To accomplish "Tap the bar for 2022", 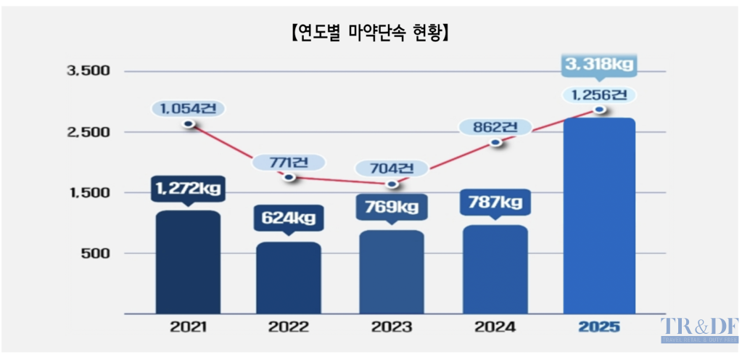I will click(289, 277).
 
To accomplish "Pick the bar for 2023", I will click(392, 271).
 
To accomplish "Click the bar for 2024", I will click(494, 269).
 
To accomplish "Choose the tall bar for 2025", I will click(598, 216).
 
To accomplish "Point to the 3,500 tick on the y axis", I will click(87, 71).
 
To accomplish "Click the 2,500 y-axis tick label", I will click(87, 132).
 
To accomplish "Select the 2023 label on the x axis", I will click(392, 327).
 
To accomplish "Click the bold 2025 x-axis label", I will click(598, 327).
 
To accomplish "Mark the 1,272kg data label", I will click(187, 189).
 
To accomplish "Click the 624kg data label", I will click(289, 217).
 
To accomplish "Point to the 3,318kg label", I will click(598, 65).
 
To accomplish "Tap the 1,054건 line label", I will click(189, 108).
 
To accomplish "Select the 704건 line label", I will click(392, 169).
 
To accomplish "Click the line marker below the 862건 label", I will click(495, 142).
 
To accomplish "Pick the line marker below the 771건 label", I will click(289, 177).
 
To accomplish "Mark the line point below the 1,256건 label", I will click(598, 110).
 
